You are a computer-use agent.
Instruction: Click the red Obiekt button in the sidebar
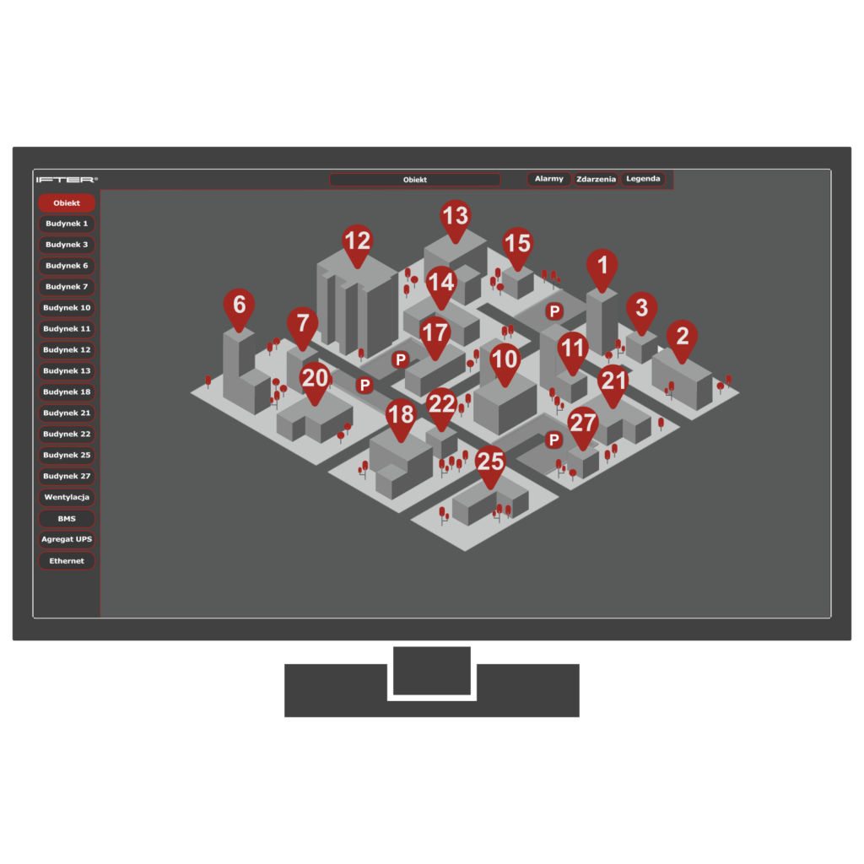coord(67,202)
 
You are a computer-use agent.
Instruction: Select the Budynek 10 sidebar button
coord(67,307)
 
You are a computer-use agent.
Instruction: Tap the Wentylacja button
coord(67,497)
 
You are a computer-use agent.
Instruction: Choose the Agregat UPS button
coord(67,539)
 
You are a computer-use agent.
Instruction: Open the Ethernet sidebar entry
coord(67,561)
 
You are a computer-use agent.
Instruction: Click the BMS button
coord(67,519)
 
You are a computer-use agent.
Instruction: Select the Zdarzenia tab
coord(596,179)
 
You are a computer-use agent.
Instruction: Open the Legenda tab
coord(643,179)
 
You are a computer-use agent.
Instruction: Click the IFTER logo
coord(67,180)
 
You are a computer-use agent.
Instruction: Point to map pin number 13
coord(456,219)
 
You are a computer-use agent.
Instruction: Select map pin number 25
coord(490,465)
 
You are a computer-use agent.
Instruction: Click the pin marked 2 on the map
coord(682,339)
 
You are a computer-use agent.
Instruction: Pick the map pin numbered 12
coord(357,244)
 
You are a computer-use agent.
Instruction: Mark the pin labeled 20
coord(316,381)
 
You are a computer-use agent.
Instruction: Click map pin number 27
coord(583,426)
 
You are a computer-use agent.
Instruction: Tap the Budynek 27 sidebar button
coord(67,476)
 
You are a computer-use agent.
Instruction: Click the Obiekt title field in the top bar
coord(415,180)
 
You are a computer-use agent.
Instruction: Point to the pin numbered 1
coord(602,268)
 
